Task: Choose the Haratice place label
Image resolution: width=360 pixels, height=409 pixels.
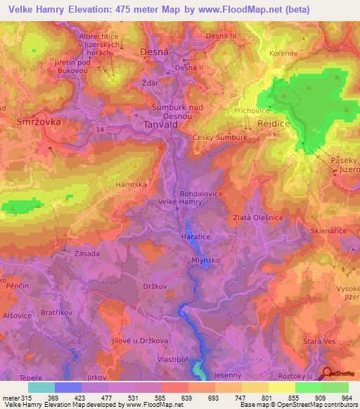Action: (197, 237)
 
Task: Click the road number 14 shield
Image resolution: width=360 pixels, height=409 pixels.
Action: (102, 131)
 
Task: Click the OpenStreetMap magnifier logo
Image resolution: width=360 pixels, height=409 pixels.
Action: (326, 373)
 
